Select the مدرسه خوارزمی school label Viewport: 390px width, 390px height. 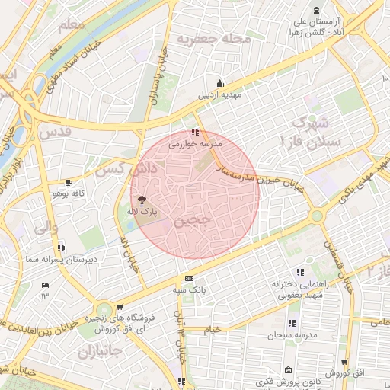click(194, 143)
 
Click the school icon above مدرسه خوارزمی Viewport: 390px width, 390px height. click(197, 132)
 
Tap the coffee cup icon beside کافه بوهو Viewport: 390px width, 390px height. click(69, 183)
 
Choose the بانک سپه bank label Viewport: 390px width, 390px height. click(189, 290)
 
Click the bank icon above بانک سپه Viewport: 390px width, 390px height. click(189, 279)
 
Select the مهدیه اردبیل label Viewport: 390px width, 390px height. click(219, 95)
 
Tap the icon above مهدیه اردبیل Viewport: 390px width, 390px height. click(220, 84)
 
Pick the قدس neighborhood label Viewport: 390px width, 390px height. click(56, 130)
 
